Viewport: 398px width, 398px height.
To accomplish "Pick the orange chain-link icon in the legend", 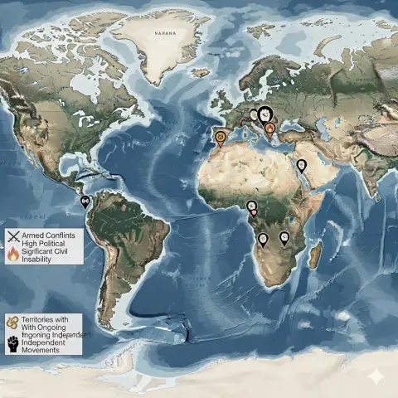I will [x=12, y=321].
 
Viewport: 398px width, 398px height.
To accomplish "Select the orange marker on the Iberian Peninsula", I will [x=220, y=137].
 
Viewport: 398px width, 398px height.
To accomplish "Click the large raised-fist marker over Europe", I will [x=265, y=115].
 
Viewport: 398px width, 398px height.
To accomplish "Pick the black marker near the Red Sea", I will [x=302, y=165].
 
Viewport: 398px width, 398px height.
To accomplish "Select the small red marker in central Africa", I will [x=254, y=212].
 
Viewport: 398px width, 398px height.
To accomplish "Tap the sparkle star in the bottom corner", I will [x=380, y=376].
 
